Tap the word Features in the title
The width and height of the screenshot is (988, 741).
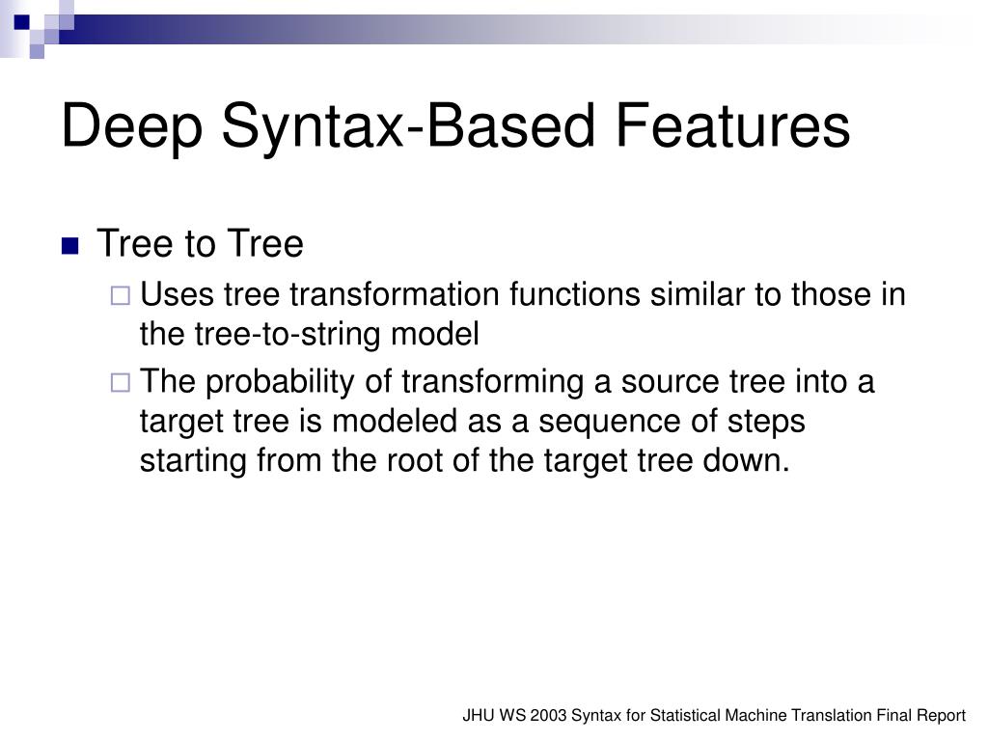click(733, 125)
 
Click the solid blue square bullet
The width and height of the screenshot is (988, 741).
click(70, 246)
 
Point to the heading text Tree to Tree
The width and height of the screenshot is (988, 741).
click(200, 243)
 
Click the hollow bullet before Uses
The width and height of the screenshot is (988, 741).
click(121, 295)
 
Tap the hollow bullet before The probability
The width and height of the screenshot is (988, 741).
click(121, 382)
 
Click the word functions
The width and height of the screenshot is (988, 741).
click(575, 294)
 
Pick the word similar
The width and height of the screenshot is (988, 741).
click(698, 294)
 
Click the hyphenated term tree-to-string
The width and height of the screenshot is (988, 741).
click(288, 335)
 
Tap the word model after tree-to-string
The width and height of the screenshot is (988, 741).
click(435, 334)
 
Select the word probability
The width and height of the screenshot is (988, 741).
click(281, 382)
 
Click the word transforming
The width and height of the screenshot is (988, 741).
click(493, 382)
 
